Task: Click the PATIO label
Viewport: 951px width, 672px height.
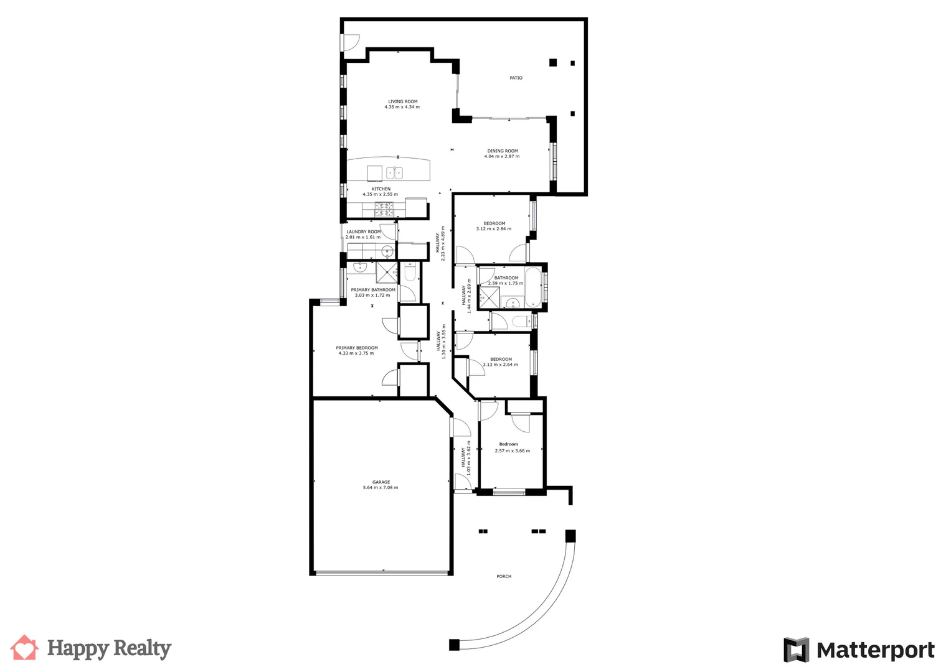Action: (x=516, y=78)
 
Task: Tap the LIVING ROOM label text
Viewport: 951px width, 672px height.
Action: (x=402, y=101)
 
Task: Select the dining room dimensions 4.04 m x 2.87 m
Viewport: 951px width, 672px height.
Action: (x=501, y=157)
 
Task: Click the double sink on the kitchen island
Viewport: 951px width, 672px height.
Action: (x=394, y=173)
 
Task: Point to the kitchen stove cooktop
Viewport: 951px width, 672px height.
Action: (x=384, y=210)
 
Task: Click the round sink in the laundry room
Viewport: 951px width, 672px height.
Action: (x=387, y=252)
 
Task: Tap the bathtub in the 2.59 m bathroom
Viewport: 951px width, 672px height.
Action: (x=534, y=287)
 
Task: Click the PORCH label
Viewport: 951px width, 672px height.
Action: (x=504, y=577)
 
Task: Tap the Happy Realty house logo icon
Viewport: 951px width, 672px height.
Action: (x=24, y=648)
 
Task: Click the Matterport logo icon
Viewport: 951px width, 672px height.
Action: (x=795, y=650)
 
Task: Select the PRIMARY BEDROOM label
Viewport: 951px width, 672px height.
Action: (x=356, y=348)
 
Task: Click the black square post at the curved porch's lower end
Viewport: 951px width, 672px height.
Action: (x=454, y=645)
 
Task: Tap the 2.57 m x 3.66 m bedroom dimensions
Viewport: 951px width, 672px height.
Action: (x=512, y=451)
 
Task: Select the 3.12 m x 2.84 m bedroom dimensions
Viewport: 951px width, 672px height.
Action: (x=493, y=229)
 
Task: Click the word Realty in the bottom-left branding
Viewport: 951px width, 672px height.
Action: (x=144, y=649)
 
